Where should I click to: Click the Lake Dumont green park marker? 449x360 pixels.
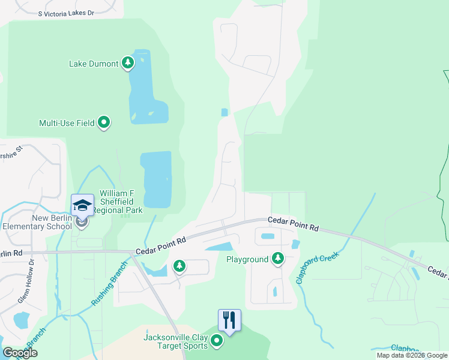coord(127,62)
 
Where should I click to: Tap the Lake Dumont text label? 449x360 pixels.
coord(94,64)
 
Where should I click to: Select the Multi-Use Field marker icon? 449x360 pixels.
coord(104,122)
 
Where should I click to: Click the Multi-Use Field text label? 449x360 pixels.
coord(67,123)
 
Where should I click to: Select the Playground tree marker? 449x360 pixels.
coord(277,259)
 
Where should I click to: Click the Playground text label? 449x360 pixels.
coord(247,260)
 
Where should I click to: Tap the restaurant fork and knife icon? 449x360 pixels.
coord(229,320)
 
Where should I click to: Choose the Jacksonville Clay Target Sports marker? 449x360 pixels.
coord(217,341)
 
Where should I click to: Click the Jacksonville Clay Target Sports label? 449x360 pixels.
coord(175,341)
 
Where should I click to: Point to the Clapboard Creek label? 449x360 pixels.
coord(318,267)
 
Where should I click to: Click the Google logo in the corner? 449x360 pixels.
coord(20,353)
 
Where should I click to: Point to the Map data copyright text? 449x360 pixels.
coord(411,355)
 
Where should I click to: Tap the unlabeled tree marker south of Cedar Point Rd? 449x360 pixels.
coord(179,266)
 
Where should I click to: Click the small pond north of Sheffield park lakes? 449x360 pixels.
coord(224,112)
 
